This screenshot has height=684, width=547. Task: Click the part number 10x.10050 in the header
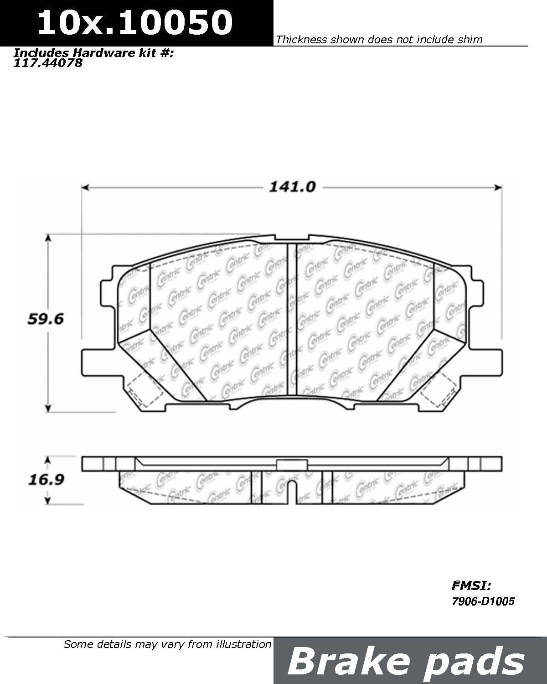[x=134, y=23]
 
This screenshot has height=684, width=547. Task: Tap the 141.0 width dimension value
[x=292, y=187]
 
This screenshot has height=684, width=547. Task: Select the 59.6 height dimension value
[x=46, y=319]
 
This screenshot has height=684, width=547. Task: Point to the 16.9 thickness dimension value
[x=46, y=480]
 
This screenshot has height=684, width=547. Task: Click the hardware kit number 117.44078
[x=48, y=63]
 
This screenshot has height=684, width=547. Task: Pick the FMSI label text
[x=471, y=586]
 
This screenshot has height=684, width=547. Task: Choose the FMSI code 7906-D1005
[x=483, y=601]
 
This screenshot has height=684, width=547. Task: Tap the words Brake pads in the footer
[x=406, y=661]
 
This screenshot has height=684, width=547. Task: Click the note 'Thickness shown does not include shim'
[x=379, y=40]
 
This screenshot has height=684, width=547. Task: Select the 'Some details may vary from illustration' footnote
[x=167, y=644]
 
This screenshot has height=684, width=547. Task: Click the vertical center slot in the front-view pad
[x=292, y=319]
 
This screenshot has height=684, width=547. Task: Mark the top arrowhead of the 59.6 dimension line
[x=48, y=238]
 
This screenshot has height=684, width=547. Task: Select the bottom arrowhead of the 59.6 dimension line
[x=48, y=408]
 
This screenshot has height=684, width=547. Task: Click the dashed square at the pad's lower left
[x=144, y=388]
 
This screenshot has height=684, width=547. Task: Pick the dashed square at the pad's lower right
[x=439, y=388]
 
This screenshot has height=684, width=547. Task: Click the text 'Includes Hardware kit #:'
[x=94, y=52]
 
